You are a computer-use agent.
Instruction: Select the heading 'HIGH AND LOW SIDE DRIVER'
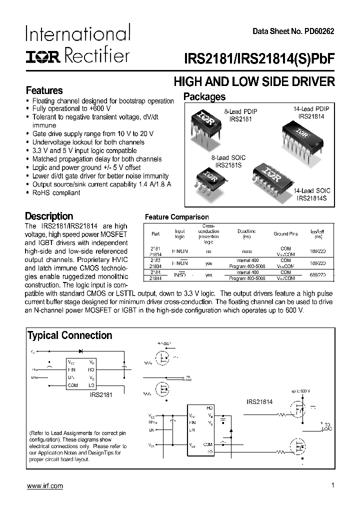pos(253,81)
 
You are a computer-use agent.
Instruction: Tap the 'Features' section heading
pos(44,90)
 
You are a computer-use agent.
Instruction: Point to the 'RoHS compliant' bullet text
pos(56,193)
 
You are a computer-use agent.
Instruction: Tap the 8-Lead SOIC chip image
pos(208,177)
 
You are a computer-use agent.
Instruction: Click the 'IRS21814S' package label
pos(311,199)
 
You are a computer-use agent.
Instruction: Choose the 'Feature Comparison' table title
pos(176,217)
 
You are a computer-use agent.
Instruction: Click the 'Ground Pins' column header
pos(285,234)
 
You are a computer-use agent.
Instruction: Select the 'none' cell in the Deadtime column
pos(246,251)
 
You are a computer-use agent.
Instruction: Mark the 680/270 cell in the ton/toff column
pos(317,275)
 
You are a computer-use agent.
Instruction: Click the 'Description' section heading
pos(49,216)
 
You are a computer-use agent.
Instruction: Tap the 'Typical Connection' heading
pos(69,335)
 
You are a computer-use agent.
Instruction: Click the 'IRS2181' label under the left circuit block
pos(100,394)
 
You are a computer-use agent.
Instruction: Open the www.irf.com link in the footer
pos(44,486)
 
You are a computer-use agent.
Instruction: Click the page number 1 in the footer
pos(332,485)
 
